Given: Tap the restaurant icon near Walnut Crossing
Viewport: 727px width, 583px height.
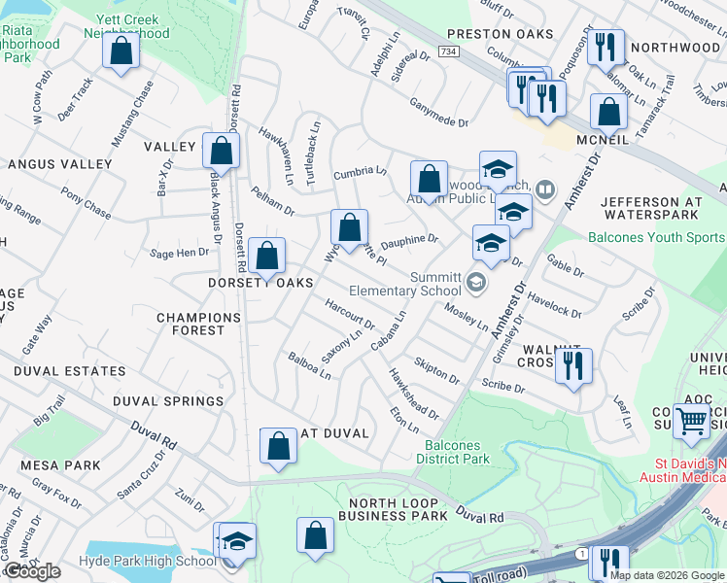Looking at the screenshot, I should [572, 366].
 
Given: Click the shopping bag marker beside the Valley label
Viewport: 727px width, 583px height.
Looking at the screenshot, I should [221, 151].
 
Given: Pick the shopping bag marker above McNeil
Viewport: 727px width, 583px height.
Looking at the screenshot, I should [607, 112].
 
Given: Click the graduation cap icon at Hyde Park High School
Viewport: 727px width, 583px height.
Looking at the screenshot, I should [235, 541].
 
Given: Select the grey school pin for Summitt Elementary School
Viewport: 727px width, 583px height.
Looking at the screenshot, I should [476, 283].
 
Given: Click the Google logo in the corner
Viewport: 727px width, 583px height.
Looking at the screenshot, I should [33, 571].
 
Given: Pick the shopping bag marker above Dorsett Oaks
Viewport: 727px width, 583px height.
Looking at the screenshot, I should [266, 257].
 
